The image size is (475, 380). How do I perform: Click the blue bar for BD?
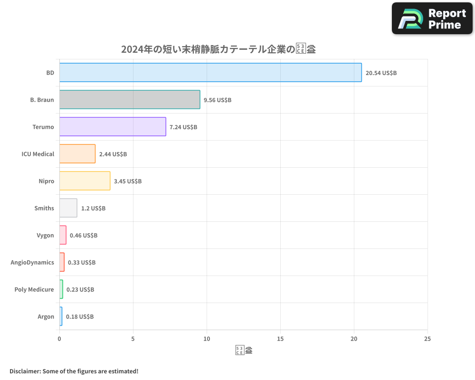pos(210,73)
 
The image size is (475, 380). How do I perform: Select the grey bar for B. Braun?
pos(130,100)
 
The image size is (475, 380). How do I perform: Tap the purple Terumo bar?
pos(113,127)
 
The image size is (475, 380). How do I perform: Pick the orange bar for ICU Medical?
pos(77,154)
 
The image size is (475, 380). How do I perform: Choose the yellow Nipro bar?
pos(85,181)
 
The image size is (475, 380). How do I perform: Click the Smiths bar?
pos(68,208)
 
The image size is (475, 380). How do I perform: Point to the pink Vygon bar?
pos(63,235)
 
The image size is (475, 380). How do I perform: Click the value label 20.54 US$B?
pos(381,73)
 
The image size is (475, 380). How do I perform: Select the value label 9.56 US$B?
pos(218,100)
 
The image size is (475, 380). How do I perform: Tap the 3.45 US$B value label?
pos(128,181)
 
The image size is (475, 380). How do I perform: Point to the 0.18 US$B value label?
pos(80,317)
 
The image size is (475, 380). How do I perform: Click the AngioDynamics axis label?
pos(32,262)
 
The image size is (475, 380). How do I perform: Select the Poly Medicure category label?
pos(34,289)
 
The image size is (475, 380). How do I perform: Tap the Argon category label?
pos(46,316)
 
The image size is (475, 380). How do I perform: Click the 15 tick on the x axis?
pos(280,339)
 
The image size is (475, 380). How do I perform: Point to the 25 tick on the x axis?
pos(427,339)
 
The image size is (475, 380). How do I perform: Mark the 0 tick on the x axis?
pos(59,339)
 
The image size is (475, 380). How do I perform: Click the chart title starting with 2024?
pos(218,49)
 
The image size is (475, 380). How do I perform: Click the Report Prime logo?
pos(432,19)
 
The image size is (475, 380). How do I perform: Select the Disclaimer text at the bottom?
pos(74,371)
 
